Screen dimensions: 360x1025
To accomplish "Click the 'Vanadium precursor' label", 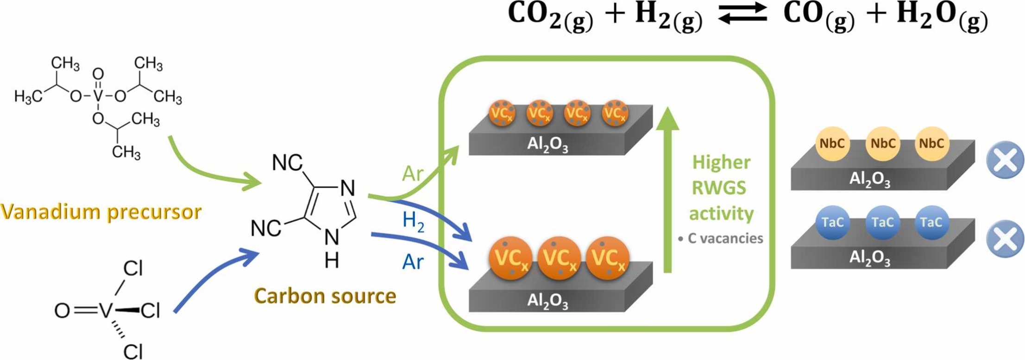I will tap(101, 212).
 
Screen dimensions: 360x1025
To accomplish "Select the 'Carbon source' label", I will tap(325, 296).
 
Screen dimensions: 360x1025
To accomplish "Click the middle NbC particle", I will tap(882, 144).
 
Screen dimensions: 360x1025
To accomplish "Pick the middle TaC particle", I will tap(882, 223).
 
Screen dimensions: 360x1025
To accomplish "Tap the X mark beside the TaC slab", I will tap(1005, 239).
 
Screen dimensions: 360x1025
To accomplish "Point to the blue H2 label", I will tap(413, 221).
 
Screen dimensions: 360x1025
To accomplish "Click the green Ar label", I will tap(412, 174).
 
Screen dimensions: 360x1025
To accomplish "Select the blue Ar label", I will tap(412, 262).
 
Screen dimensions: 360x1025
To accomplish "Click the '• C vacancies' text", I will tap(720, 239).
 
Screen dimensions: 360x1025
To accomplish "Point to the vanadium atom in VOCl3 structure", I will tap(106, 311).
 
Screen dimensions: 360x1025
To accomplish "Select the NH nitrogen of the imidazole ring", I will tap(332, 238).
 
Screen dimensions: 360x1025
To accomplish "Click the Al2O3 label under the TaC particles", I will tap(869, 258).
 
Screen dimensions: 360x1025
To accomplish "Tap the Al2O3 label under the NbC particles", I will tap(869, 179).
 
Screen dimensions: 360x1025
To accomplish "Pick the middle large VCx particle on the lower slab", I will tap(560, 259).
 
